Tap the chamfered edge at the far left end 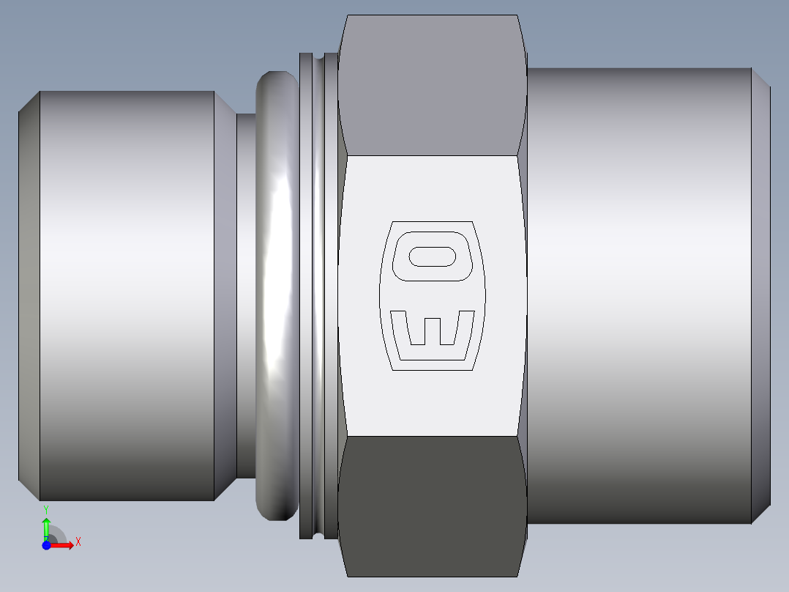coord(29,293)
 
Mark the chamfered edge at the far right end coord(761,293)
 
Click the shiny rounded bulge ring coord(277,293)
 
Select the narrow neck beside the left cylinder coord(246,293)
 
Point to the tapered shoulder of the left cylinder coord(225,293)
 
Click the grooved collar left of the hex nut coord(318,293)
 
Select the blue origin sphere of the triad coord(46,545)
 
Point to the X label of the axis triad coord(78,542)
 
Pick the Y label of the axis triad coord(46,508)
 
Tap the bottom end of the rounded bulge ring coord(277,513)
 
